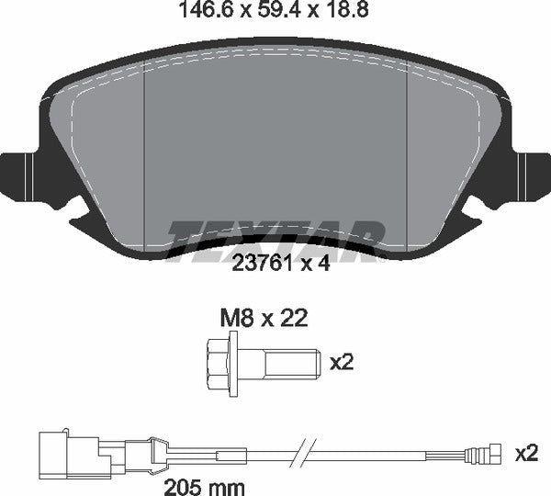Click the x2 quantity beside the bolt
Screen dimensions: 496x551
(x=341, y=363)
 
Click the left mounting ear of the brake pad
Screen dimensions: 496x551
(x=20, y=175)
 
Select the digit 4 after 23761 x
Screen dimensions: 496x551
(x=322, y=265)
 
